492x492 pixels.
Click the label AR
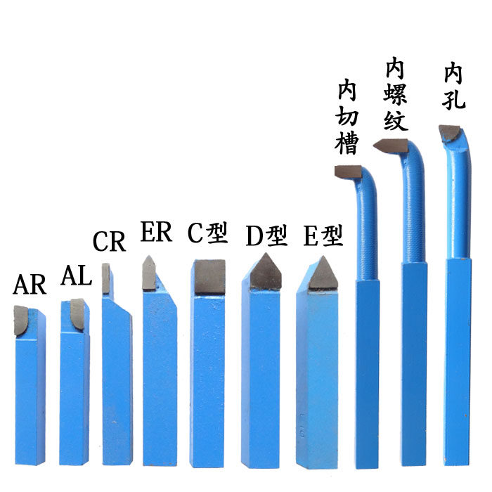pyautogui.click(x=30, y=285)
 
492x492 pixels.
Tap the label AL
pyautogui.click(x=76, y=275)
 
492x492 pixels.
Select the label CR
pyautogui.click(x=109, y=241)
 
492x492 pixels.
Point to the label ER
pyautogui.click(x=156, y=232)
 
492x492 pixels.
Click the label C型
pyautogui.click(x=208, y=233)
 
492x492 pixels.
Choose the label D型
pyautogui.click(x=266, y=236)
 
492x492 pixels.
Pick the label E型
pyautogui.click(x=323, y=236)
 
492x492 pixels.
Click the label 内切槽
pyautogui.click(x=348, y=117)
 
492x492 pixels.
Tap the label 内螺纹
pyautogui.click(x=396, y=95)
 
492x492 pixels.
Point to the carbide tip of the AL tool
pyautogui.click(x=77, y=313)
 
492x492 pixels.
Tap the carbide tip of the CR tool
pyautogui.click(x=106, y=278)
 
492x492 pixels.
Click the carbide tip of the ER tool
pyautogui.click(x=149, y=273)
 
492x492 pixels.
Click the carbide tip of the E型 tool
pyautogui.click(x=323, y=275)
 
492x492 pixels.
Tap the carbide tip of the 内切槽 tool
pyautogui.click(x=347, y=171)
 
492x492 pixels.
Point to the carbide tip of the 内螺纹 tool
pyautogui.click(x=391, y=145)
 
